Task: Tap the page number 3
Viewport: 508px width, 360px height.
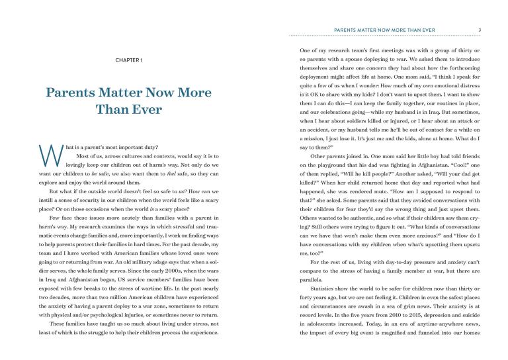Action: [480, 28]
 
